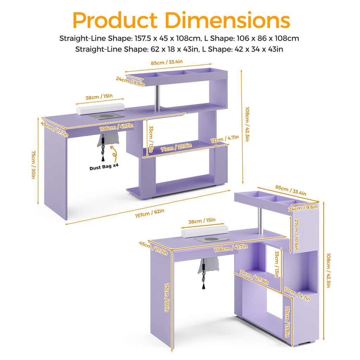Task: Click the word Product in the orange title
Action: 115,20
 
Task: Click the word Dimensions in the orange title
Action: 227,20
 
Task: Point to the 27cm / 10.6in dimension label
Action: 296,234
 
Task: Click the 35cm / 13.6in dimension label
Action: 287,322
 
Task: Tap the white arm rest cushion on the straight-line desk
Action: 100,109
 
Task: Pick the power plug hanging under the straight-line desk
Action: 103,159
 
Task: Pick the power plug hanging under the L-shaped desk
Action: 204,286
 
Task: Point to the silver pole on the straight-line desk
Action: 157,98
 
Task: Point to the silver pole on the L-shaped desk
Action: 260,221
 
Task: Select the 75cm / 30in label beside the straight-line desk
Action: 33,165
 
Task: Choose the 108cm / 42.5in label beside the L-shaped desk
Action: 329,270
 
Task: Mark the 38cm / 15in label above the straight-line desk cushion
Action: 99,97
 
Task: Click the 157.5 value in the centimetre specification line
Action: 143,38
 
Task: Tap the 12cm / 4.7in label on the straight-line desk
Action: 225,139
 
